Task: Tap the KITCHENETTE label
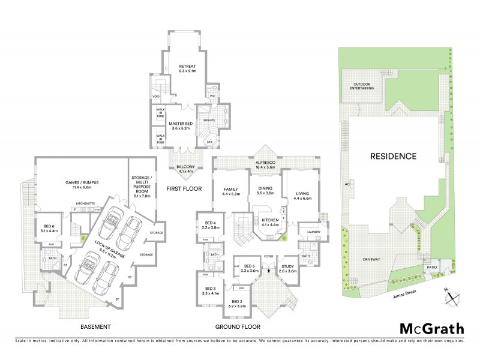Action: [86, 203]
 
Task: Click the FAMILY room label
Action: [231, 191]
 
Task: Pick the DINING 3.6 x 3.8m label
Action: [265, 191]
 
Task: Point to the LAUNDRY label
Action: [313, 232]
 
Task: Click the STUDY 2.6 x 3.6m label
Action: [289, 269]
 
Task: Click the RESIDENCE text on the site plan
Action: [392, 156]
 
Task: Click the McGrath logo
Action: [431, 328]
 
